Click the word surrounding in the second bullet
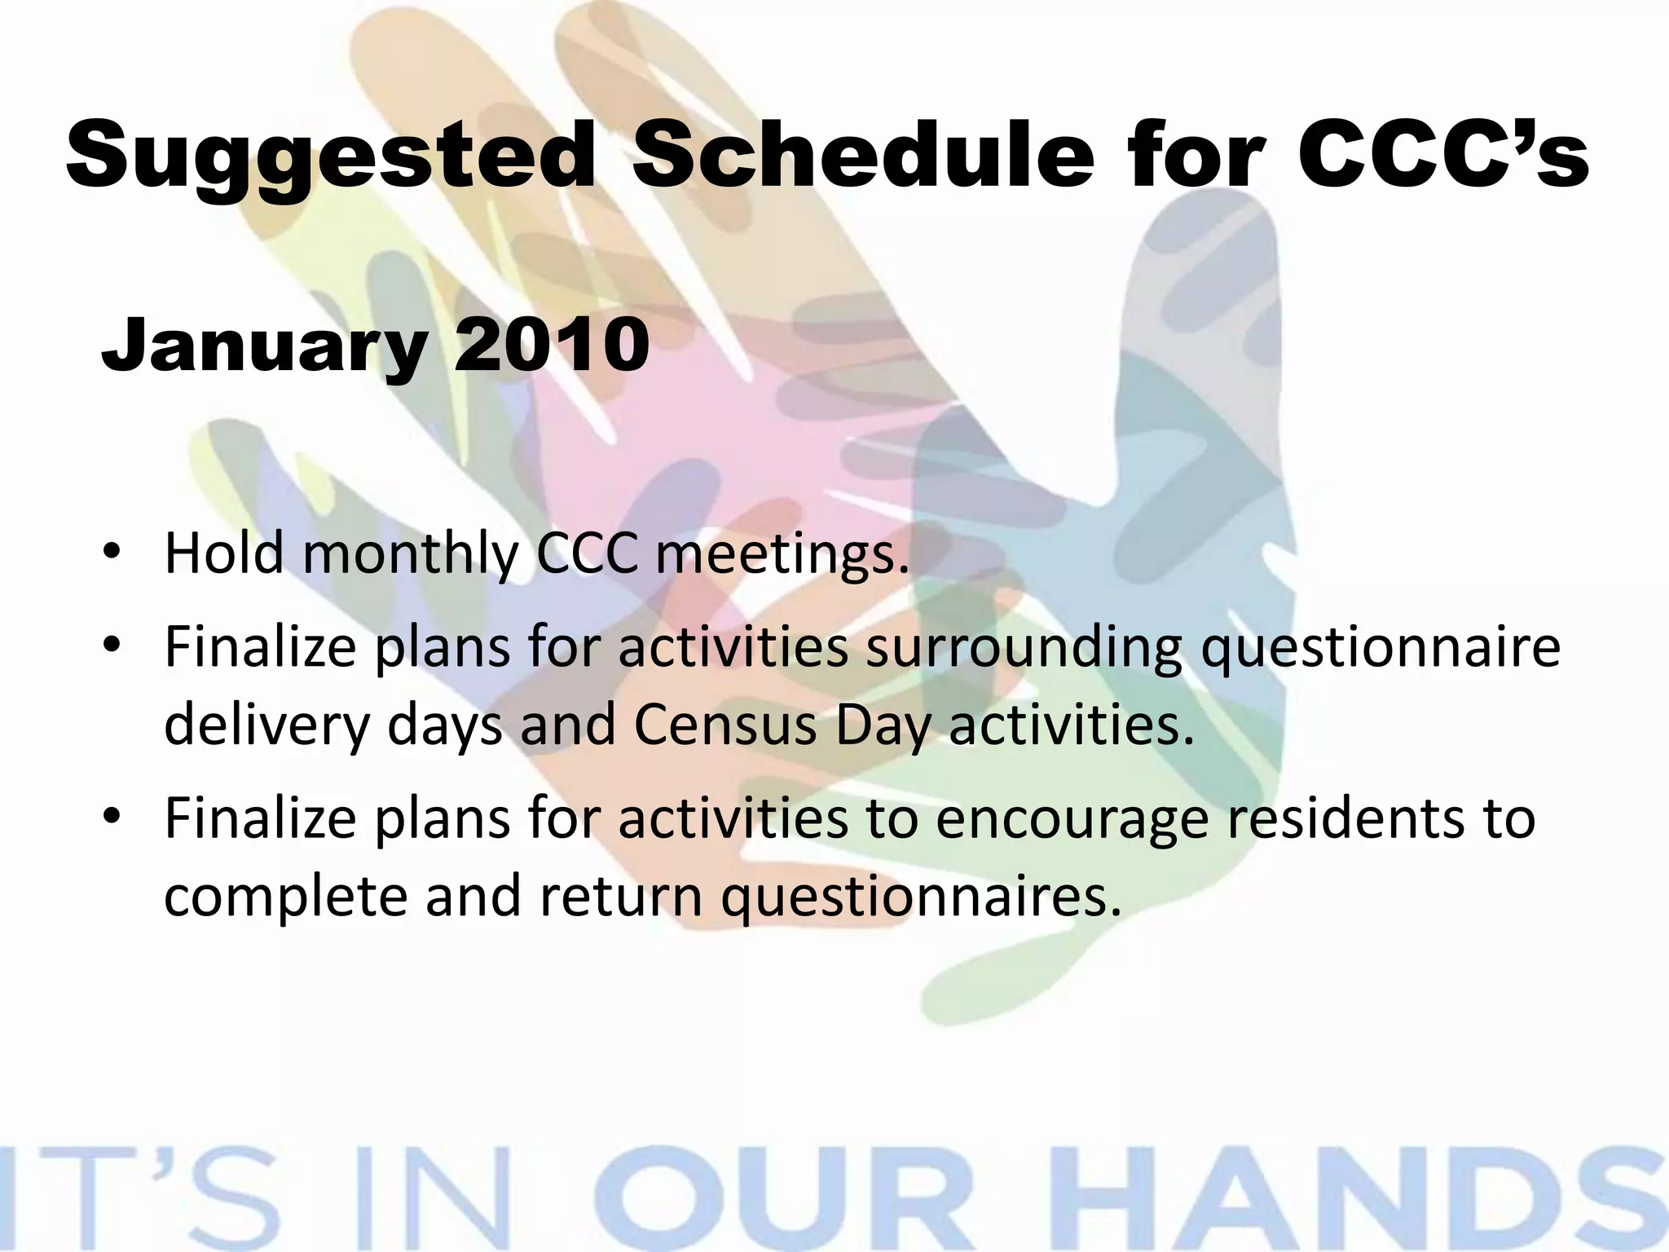(1023, 648)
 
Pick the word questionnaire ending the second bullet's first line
(1381, 648)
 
